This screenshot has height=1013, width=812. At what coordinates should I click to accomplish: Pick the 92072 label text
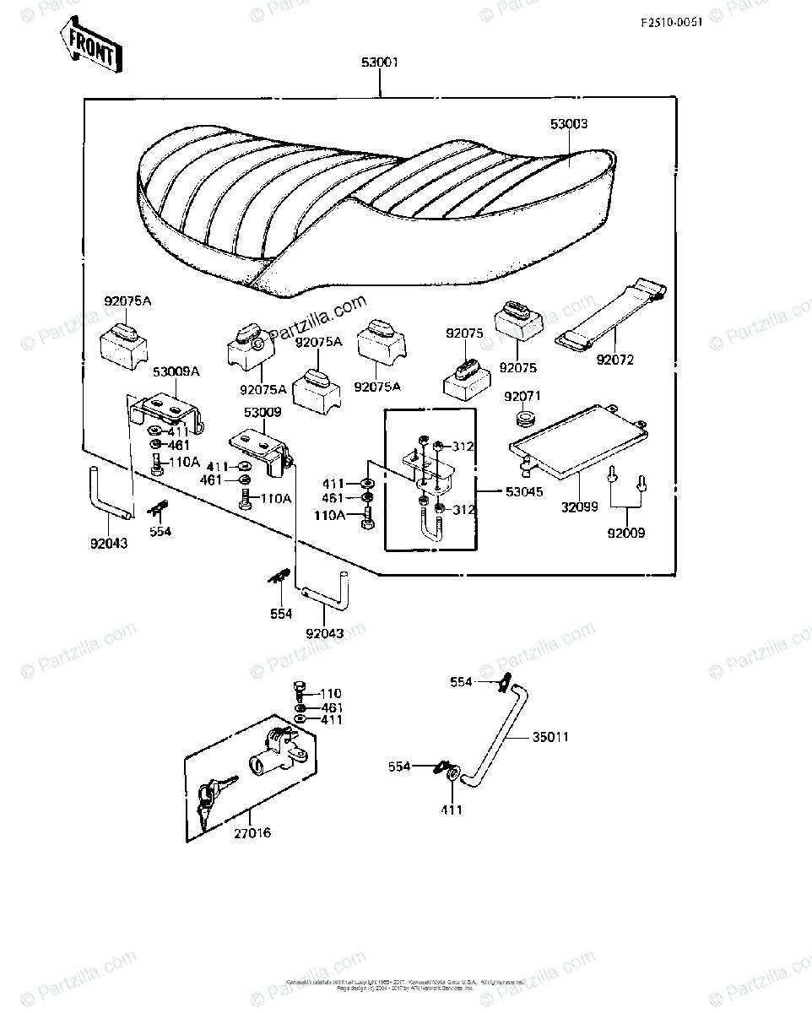[x=614, y=360]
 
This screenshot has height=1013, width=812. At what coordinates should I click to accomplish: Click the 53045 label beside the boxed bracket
[x=523, y=490]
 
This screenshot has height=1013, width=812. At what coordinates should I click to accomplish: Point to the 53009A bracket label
[x=176, y=371]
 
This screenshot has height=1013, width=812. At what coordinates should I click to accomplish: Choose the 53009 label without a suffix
[x=263, y=413]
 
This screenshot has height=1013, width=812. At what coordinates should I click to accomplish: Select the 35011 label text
[x=550, y=737]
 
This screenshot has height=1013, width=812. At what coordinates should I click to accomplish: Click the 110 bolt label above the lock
[x=331, y=693]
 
